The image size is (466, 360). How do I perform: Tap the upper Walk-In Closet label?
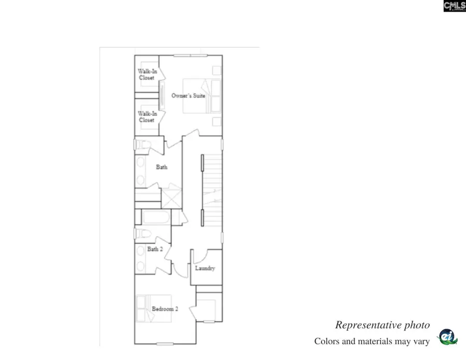147,74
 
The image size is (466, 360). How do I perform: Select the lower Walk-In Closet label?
147,117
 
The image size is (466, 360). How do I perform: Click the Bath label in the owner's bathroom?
162,167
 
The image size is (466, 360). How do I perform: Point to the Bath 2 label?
155,249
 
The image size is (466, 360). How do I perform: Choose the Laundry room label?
205,268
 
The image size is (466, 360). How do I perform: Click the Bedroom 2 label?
165,309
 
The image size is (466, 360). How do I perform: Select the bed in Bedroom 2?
148,308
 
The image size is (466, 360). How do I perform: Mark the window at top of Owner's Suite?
191,55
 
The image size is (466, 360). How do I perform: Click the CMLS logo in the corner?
454,6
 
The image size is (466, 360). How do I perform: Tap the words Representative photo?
382,325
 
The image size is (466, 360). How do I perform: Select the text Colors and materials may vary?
372,341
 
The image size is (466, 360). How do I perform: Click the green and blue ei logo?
447,337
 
